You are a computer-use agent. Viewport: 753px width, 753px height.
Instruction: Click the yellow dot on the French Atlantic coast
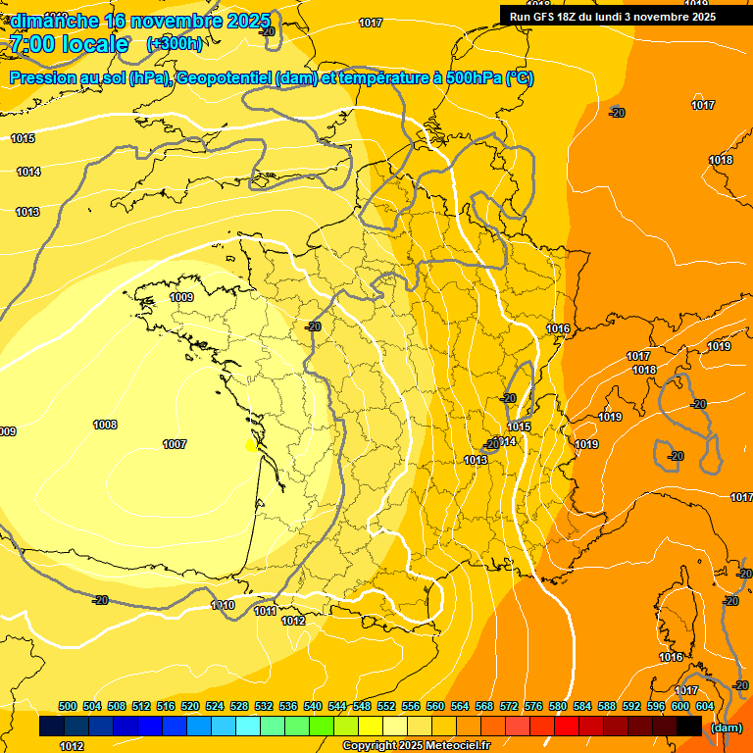251,445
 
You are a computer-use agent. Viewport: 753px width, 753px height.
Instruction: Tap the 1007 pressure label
175,445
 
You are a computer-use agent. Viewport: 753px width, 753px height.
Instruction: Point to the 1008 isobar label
105,425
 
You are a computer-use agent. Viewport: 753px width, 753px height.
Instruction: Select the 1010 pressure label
223,605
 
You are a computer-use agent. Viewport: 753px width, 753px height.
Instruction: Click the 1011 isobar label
265,612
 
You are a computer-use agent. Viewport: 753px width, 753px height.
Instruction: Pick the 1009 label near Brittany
181,297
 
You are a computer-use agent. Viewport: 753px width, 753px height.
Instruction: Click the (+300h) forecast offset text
175,43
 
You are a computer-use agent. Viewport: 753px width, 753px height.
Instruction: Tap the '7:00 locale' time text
69,44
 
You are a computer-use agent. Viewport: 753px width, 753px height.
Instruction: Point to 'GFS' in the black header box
544,17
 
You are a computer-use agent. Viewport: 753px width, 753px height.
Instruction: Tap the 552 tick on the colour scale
387,706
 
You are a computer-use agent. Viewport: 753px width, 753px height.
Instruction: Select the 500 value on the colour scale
68,706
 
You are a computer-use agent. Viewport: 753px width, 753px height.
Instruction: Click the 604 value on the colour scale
705,706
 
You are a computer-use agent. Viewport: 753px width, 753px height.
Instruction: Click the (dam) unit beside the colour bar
726,728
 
